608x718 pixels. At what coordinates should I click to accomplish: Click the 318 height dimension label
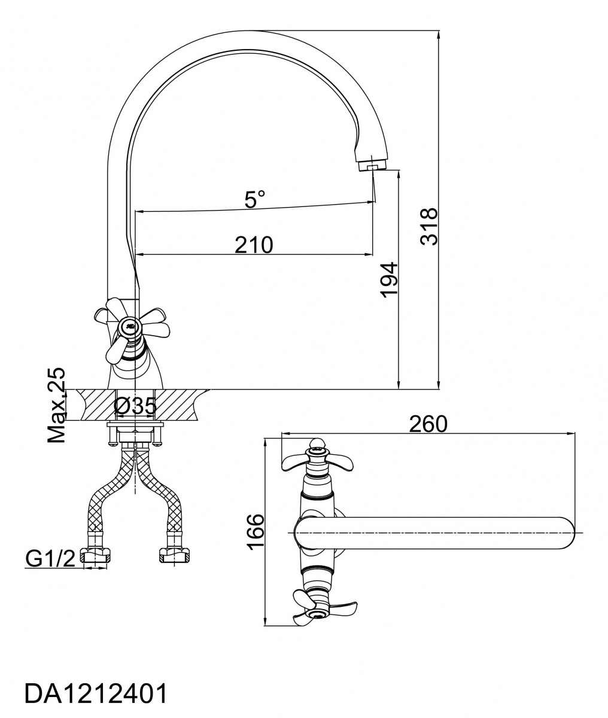click(428, 227)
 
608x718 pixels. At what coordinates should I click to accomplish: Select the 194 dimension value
click(389, 279)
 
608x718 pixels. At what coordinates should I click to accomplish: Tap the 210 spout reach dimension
click(254, 245)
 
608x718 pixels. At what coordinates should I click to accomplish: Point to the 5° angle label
click(255, 199)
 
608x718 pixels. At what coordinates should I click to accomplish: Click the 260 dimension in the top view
click(428, 424)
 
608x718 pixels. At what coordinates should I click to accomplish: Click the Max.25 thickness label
click(56, 405)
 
